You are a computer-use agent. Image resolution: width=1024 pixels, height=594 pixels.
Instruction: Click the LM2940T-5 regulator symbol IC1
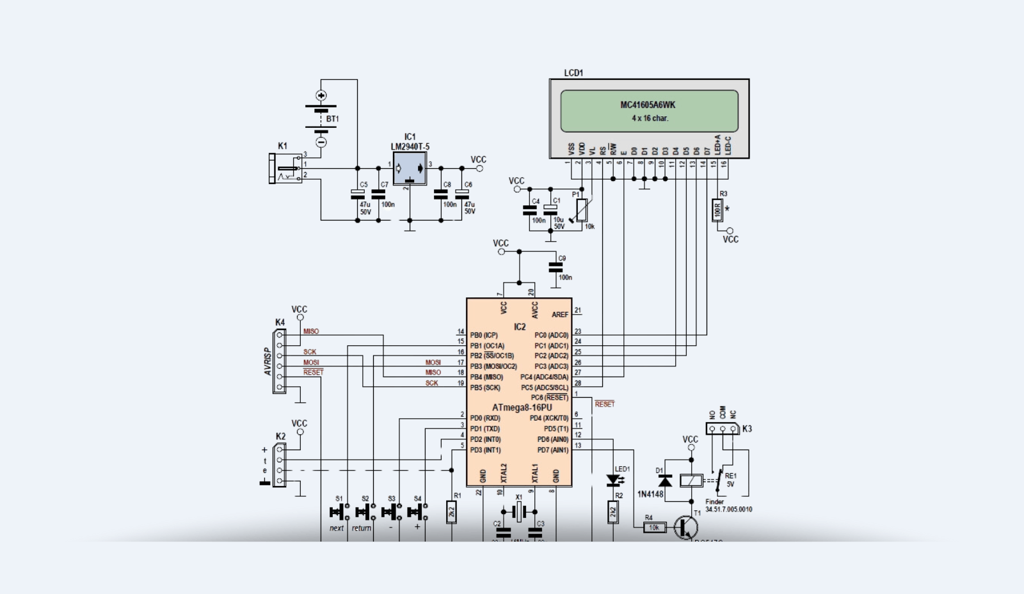410,169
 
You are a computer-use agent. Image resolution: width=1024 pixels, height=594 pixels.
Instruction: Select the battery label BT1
332,119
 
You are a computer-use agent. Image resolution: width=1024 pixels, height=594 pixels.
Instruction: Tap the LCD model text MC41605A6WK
648,105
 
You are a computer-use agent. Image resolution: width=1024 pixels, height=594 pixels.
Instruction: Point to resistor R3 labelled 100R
718,210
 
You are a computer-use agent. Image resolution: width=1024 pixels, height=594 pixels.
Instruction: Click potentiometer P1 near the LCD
581,210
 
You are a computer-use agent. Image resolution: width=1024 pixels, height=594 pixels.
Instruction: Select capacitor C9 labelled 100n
556,267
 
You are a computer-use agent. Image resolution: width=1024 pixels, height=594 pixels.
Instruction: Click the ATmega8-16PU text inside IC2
522,407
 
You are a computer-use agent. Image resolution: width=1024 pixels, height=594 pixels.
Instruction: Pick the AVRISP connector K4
280,361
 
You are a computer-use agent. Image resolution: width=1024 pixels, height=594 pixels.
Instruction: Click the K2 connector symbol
280,465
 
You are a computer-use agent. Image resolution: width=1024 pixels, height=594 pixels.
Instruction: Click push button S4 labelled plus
417,512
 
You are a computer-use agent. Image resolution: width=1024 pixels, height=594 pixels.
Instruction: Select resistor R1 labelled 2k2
452,512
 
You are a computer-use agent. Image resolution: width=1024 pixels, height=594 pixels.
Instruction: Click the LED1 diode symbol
613,480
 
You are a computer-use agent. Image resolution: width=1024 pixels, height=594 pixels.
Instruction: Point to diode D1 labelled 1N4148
665,480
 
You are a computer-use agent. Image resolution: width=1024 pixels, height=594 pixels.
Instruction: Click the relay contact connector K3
723,429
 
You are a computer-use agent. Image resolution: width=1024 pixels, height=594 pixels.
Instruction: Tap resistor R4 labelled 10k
654,528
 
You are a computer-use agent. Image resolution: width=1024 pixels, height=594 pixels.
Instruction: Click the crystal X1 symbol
519,512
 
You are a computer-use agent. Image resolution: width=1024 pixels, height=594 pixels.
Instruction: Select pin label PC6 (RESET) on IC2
549,398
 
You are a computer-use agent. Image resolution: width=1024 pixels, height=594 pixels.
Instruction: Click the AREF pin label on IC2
559,314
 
